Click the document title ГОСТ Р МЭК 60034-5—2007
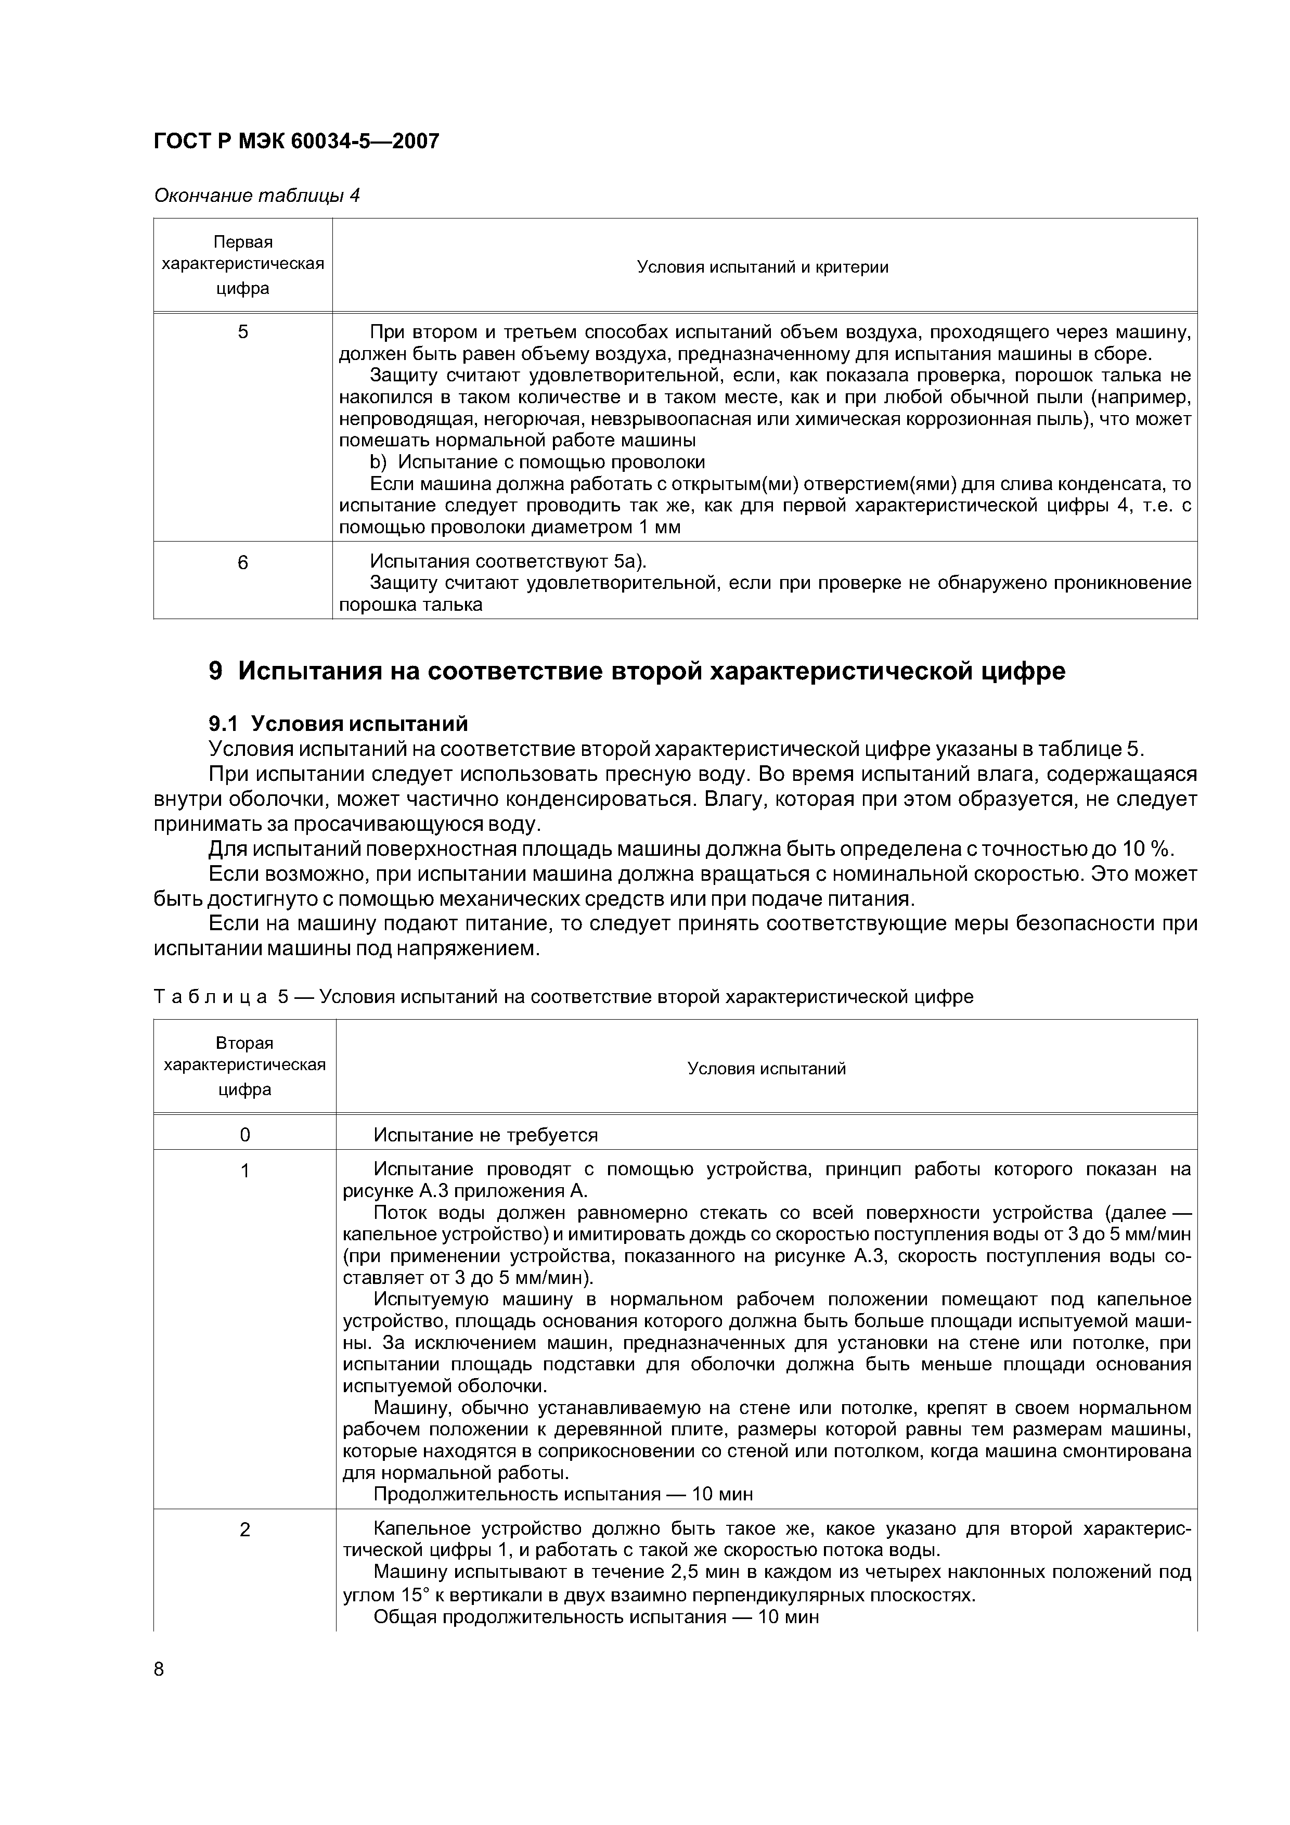tap(295, 142)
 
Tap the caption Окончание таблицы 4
tap(257, 196)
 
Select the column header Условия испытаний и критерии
tap(763, 267)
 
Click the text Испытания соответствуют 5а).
tap(509, 562)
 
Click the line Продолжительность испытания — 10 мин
tap(563, 1494)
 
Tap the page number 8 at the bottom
tap(159, 1669)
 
